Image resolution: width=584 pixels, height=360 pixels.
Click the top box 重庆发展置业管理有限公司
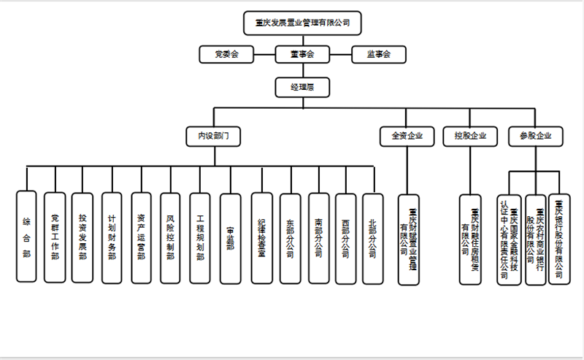[302, 23]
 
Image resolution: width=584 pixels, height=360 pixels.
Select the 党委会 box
[226, 54]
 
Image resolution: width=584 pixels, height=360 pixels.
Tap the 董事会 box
[301, 54]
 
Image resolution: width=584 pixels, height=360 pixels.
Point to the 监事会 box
[378, 54]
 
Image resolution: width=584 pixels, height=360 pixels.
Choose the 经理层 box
[301, 88]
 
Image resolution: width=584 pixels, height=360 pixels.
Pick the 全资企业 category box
[407, 136]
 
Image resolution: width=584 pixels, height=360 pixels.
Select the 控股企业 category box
[469, 136]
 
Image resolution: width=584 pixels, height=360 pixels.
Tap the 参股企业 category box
[535, 136]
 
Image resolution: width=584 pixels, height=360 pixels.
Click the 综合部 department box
[26, 237]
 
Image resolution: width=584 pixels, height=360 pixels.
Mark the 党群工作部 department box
[55, 237]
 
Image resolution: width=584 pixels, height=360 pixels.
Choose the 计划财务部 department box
[112, 237]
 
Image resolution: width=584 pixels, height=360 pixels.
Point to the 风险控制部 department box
[170, 237]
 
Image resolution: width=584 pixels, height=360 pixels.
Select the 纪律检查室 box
[261, 237]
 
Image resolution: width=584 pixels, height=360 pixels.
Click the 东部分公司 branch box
[290, 237]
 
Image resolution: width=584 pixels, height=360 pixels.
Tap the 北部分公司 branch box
[373, 237]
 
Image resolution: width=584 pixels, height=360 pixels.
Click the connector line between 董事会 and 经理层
[301, 70]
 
